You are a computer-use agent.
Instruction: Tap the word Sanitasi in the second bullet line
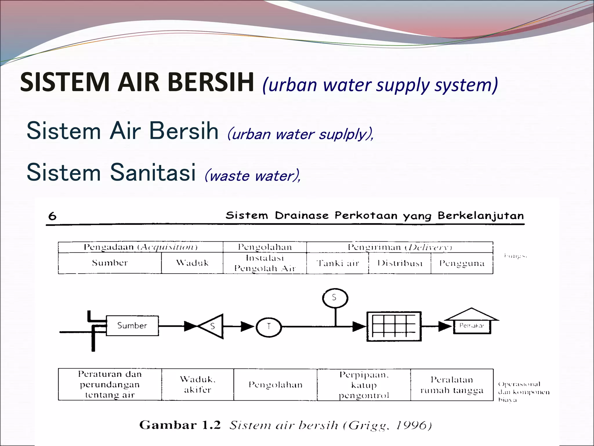[153, 172]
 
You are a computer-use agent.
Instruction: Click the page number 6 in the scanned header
[52, 216]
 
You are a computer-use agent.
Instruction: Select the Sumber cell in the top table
[110, 263]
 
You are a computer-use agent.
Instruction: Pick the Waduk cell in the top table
[192, 263]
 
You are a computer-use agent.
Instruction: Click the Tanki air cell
[338, 263]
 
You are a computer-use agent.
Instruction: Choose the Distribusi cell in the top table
[400, 263]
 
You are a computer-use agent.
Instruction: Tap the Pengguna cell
[462, 263]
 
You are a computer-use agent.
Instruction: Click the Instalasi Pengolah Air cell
[265, 263]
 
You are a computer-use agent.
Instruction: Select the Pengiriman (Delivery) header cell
[400, 247]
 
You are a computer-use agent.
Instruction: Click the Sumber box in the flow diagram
[132, 325]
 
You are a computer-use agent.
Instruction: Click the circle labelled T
[269, 327]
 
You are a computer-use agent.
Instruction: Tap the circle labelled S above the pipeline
[335, 298]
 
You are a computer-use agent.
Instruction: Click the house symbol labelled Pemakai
[472, 322]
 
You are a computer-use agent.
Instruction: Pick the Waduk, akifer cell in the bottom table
[198, 384]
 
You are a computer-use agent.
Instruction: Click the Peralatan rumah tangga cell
[452, 385]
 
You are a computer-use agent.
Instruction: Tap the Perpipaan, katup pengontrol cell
[364, 385]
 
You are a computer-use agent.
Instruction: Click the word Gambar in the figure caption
[168, 425]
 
